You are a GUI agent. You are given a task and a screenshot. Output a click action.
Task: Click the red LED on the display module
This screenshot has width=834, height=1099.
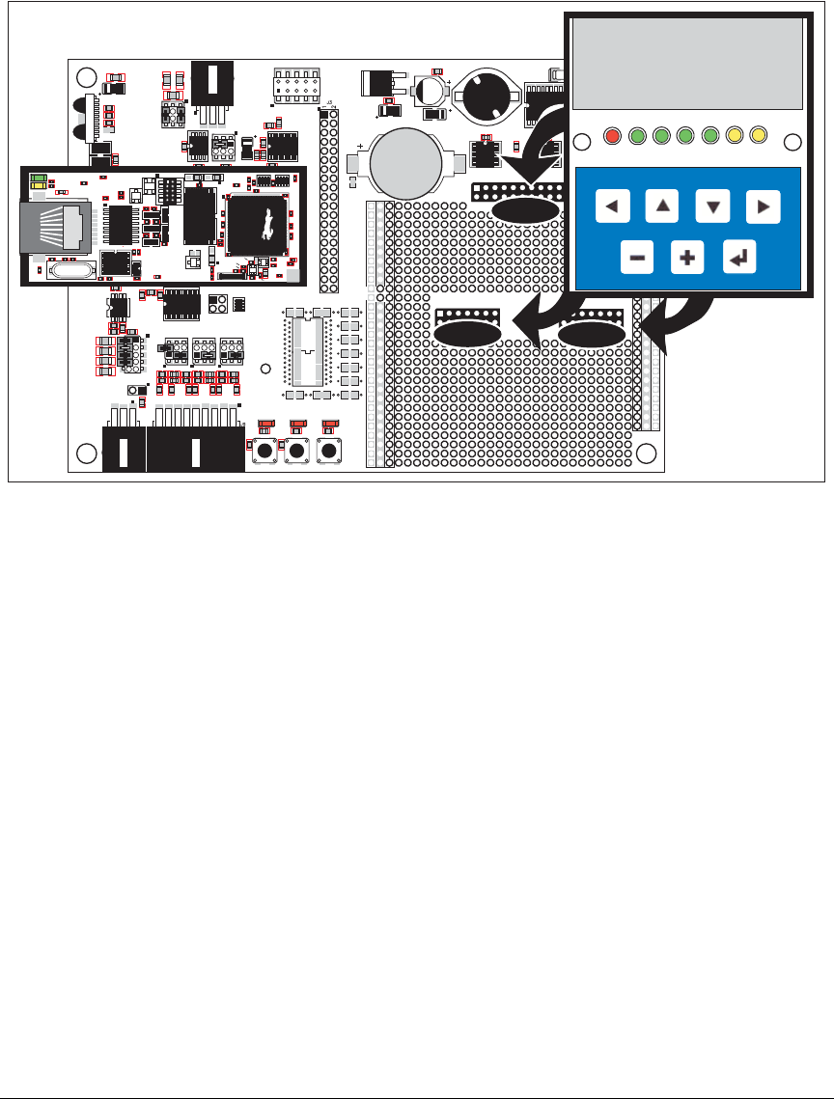611,136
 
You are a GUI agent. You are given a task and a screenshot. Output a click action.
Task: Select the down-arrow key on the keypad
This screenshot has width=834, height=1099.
712,206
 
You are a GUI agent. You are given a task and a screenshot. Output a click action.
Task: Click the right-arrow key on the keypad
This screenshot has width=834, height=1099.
763,206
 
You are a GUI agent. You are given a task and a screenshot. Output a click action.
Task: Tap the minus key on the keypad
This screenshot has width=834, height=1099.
637,257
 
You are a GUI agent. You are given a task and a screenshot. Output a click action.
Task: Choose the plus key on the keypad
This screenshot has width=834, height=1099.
687,257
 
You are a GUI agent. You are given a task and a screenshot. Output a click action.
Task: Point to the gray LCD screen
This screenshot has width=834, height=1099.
687,65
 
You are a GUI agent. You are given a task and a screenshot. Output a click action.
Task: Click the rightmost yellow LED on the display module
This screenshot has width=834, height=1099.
757,136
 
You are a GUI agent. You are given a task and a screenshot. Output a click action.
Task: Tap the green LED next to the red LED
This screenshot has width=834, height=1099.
636,136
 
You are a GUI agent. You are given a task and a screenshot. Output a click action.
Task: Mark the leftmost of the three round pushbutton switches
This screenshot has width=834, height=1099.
263,451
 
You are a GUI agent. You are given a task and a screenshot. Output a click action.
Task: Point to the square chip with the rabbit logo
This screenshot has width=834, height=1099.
258,225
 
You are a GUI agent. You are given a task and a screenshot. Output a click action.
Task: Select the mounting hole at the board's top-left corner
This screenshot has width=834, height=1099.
86,77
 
